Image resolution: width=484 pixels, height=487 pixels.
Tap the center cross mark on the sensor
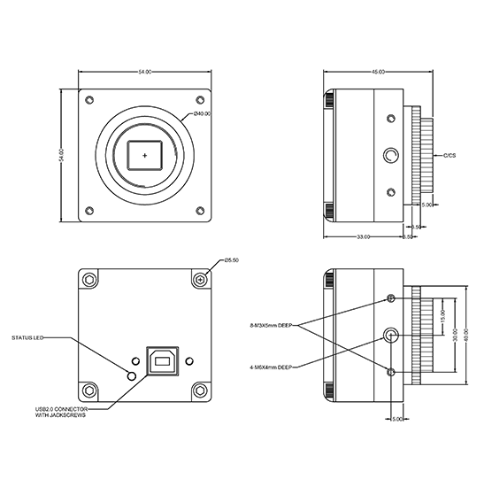click(145, 155)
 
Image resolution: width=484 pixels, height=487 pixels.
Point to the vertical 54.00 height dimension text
click(63, 156)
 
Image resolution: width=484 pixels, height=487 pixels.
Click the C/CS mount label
click(449, 156)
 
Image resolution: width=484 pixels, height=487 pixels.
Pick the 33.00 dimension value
click(363, 237)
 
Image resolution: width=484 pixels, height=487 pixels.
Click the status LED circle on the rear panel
click(133, 375)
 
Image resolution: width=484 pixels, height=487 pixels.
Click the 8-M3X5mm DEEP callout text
click(271, 325)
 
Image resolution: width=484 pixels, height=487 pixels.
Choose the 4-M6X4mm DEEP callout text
click(271, 366)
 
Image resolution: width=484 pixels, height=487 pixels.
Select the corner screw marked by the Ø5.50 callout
click(200, 280)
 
